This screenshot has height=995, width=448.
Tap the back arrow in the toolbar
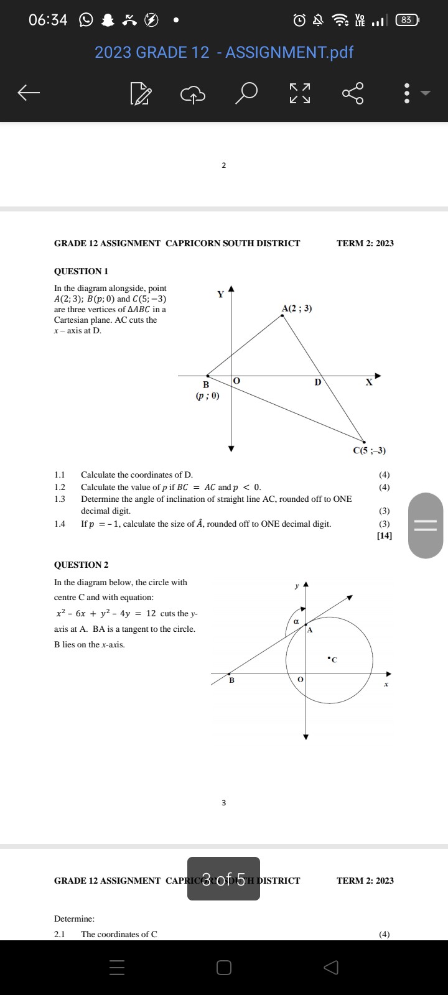point(29,93)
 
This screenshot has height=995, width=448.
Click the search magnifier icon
point(247,93)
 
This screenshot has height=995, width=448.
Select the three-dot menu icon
point(407,93)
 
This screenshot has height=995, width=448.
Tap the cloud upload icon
point(193,93)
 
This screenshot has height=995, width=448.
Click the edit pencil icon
point(141,94)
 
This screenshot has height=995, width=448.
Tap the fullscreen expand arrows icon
point(300,93)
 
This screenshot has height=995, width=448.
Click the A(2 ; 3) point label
point(297,308)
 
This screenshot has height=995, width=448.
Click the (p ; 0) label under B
point(207,396)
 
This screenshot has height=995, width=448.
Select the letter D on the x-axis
point(317,382)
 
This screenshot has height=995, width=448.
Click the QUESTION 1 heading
point(81,271)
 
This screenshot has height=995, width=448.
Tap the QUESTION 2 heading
point(81,565)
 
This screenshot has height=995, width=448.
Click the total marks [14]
point(385,535)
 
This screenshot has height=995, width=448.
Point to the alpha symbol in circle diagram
point(296,621)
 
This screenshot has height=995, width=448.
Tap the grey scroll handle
point(426,525)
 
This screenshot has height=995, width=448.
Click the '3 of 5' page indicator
point(223,879)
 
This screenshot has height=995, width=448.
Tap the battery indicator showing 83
point(406,20)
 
